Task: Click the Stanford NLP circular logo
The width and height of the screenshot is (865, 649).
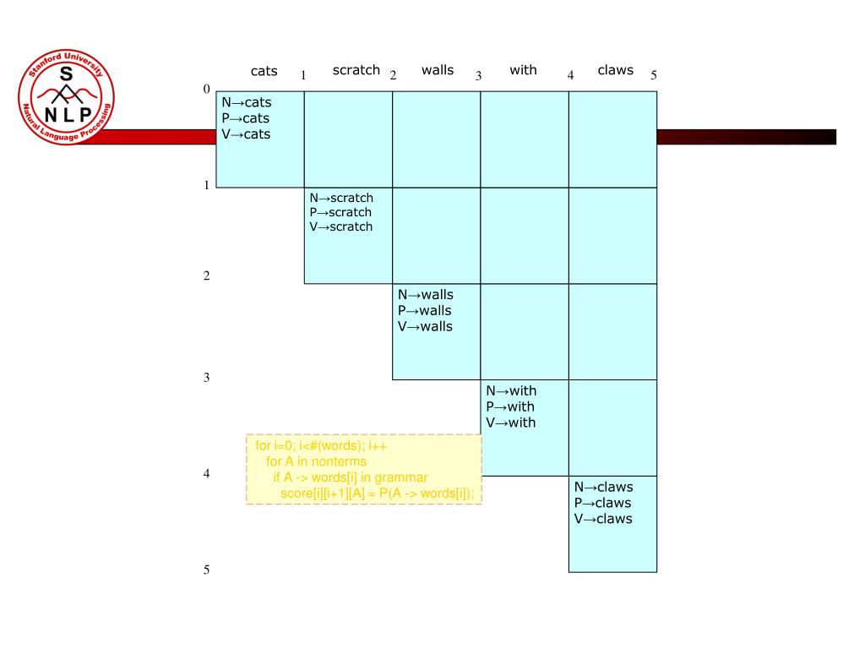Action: pos(65,99)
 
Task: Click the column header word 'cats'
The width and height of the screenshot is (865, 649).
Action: pos(264,72)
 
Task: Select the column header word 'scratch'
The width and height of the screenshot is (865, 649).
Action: pos(356,70)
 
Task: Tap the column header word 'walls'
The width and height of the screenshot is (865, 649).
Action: pos(437,70)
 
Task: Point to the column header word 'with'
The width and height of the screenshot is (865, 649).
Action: pos(523,70)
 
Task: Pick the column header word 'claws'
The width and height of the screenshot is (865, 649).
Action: pos(615,70)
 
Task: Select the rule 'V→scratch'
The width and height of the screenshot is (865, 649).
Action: pos(340,226)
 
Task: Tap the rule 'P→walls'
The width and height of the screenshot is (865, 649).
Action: pos(425,311)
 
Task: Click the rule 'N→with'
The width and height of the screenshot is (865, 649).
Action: pos(511,390)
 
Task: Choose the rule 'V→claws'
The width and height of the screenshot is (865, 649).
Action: pos(603,519)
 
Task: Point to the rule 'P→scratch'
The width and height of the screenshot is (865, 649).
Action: pos(340,212)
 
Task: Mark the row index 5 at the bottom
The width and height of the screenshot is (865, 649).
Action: pos(206,570)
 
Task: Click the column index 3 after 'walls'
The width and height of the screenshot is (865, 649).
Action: pos(478,76)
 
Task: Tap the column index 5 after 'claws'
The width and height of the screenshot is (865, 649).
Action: pos(654,75)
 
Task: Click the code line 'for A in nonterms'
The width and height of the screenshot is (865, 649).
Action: pos(317,461)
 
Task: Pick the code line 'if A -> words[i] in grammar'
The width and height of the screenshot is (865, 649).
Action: pos(351,477)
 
